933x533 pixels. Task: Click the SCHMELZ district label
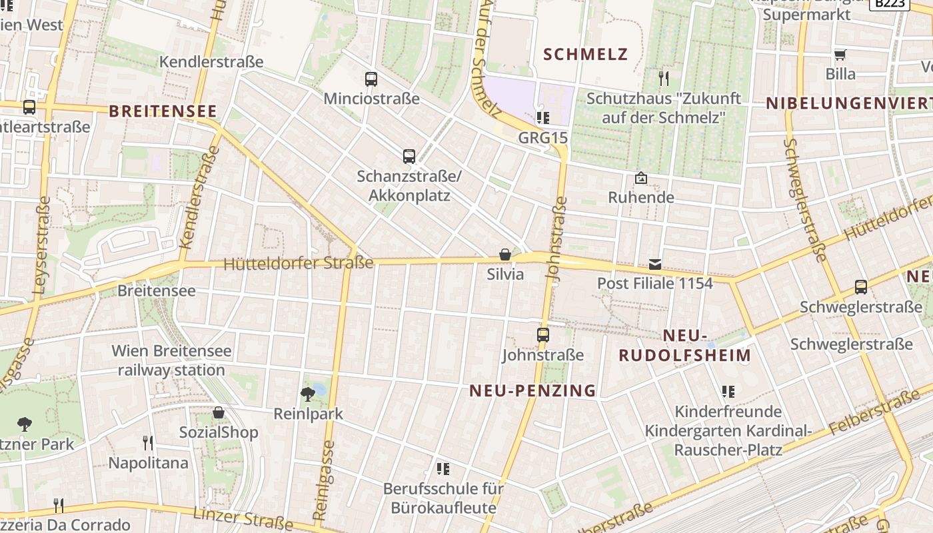pos(586,54)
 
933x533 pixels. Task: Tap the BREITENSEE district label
pos(163,111)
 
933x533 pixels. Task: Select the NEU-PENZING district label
pos(532,390)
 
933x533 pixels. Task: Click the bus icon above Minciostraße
pos(371,79)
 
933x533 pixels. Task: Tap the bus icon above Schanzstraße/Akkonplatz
pos(409,157)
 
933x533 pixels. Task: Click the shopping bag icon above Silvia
pos(505,255)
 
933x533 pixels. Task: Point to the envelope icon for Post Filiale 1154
pos(655,265)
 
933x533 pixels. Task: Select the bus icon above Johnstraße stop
pos(543,335)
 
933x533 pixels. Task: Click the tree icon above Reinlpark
pos(308,394)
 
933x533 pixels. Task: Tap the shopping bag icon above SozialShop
pos(219,413)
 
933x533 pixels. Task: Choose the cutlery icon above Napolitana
pos(148,442)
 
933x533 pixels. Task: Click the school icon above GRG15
pos(543,118)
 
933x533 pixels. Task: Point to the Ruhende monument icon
pos(641,178)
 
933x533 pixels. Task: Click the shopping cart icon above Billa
pos(840,54)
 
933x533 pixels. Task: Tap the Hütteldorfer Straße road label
pos(298,263)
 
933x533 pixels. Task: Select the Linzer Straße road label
pos(243,519)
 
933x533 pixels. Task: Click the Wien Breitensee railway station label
pos(172,360)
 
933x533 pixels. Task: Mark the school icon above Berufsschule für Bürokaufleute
pos(443,469)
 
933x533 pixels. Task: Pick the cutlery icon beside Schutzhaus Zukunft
pos(663,79)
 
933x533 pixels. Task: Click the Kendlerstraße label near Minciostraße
pos(211,62)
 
